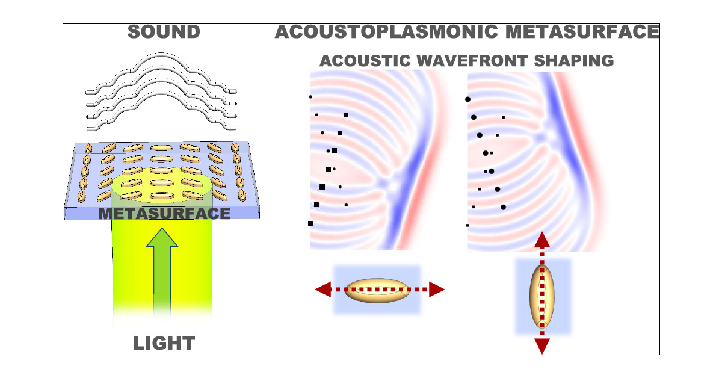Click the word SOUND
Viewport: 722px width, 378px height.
pos(164,32)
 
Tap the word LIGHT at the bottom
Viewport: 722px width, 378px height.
pos(164,344)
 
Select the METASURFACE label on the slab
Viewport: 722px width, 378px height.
pos(164,213)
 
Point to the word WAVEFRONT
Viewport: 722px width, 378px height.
pos(464,61)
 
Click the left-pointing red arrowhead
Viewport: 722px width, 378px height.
pos(322,290)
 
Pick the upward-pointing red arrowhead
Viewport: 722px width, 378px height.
pos(542,240)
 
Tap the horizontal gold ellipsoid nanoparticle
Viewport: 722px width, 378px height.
pos(378,290)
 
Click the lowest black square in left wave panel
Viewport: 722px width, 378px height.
pos(310,223)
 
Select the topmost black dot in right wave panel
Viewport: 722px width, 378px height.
pos(467,99)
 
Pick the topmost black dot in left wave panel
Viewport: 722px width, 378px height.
pos(310,96)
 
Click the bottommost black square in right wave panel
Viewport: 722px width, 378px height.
pos(467,225)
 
